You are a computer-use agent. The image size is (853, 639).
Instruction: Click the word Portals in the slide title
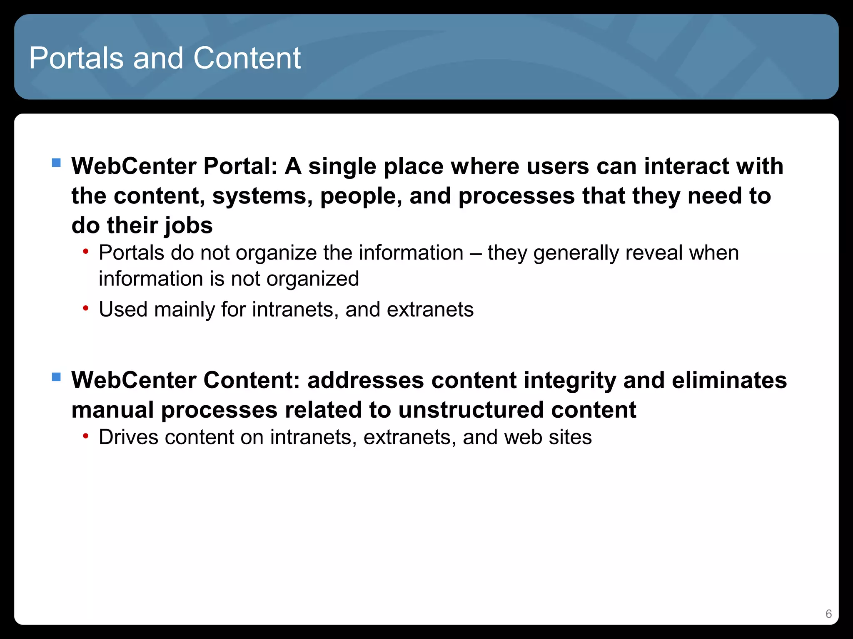[76, 58]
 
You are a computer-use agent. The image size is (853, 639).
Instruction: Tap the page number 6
[828, 614]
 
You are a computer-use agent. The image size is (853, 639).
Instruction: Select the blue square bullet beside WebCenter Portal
[56, 162]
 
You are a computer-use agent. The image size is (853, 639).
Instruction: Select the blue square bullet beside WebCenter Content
[56, 377]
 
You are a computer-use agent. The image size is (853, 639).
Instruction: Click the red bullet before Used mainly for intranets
[85, 308]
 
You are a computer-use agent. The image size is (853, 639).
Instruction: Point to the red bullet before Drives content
[85, 436]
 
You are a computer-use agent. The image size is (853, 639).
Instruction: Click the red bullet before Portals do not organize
[85, 251]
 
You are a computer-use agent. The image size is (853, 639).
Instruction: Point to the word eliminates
[729, 380]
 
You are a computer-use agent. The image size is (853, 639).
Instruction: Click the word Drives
[128, 437]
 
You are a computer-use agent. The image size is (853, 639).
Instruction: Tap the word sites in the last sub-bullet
[570, 437]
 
